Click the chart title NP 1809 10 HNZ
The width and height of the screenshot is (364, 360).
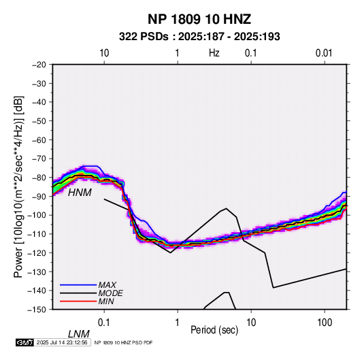coord(199,19)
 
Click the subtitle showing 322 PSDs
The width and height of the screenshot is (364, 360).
coord(199,37)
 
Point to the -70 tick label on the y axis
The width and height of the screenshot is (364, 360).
coord(39,159)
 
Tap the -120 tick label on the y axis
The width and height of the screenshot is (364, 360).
coord(37,252)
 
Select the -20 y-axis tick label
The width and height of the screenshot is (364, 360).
coord(39,65)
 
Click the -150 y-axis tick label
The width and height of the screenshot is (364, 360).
coord(37,310)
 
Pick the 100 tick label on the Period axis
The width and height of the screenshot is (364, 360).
coord(325,323)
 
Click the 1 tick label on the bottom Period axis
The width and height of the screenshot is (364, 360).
coord(178,323)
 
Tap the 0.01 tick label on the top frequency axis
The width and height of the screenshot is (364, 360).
coord(324,53)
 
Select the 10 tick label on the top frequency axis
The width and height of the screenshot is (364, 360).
coord(104,53)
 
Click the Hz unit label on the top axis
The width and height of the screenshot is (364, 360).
coord(214,53)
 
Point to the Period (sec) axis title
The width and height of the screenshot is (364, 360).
coord(214,330)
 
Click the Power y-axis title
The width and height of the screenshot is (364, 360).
coord(18,187)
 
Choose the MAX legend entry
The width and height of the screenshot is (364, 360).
coord(107,285)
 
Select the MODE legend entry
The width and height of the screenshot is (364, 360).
coord(110,293)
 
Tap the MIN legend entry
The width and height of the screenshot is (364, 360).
coord(106,301)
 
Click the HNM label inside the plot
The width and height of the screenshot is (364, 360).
coord(80,193)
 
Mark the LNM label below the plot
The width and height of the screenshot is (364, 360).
coord(79,334)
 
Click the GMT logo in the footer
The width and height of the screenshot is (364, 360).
coord(24,342)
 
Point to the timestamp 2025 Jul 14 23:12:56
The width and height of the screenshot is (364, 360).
coord(62,342)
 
